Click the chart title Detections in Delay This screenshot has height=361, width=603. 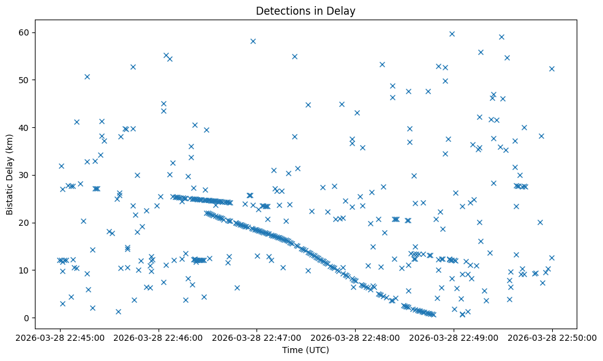pos(305,11)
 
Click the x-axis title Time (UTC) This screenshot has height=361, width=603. pos(305,350)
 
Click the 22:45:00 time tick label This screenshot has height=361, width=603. pos(60,337)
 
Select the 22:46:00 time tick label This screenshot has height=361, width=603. pos(159,337)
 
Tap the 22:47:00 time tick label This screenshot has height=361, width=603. pos(257,337)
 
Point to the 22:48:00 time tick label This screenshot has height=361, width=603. pos(355,337)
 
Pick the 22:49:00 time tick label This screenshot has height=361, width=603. pos(453,337)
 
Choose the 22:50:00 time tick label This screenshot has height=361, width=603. pos(552,337)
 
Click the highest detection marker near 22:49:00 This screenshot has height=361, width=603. pos(452,34)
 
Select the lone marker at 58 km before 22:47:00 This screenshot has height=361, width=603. pos(253,41)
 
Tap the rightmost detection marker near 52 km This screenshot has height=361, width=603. pos(552,69)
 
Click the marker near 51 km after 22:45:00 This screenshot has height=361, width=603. pos(87,76)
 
